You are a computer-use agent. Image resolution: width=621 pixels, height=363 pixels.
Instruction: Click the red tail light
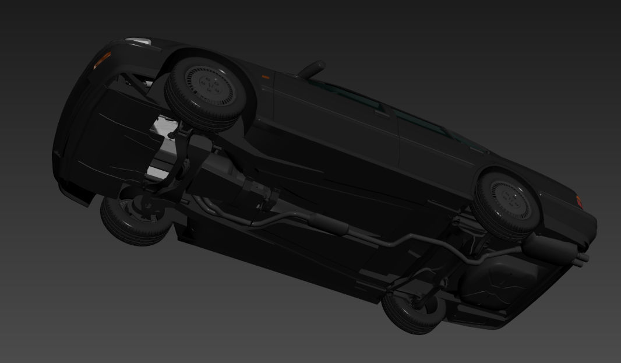pyautogui.click(x=580, y=202)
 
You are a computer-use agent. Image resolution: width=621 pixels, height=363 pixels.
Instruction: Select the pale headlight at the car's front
pyautogui.click(x=137, y=41)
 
